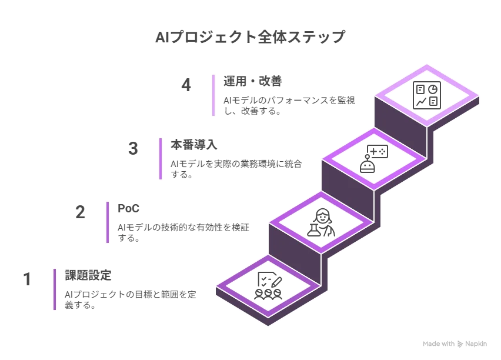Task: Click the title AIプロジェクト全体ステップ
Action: click(250, 37)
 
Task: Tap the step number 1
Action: click(27, 279)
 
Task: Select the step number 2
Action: click(80, 212)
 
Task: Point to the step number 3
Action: click(133, 148)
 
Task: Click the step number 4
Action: click(186, 85)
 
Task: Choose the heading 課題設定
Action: click(88, 275)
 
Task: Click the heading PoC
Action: click(128, 208)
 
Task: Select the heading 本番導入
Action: click(194, 145)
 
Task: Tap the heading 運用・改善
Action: click(253, 81)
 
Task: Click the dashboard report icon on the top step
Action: click(427, 95)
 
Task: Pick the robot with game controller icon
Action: click(374, 159)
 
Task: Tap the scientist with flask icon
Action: click(321, 222)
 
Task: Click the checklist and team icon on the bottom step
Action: click(268, 286)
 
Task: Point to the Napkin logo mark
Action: click(460, 344)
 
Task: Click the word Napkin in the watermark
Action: click(476, 344)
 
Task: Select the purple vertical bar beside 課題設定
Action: click(55, 289)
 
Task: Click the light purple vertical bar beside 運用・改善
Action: click(213, 95)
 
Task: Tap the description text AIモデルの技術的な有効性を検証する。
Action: click(183, 232)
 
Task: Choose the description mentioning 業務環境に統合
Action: click(236, 169)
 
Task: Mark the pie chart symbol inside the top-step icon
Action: click(433, 89)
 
